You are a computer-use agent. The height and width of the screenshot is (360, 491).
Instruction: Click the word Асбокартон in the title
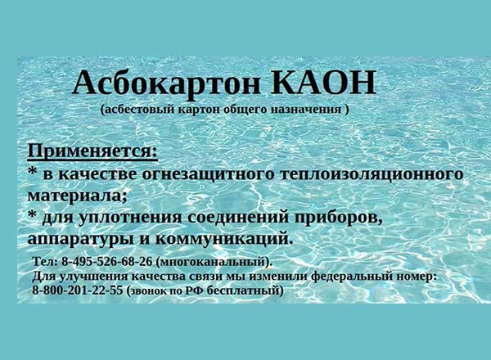coord(166,83)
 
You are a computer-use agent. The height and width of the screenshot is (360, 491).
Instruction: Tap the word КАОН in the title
coord(323,82)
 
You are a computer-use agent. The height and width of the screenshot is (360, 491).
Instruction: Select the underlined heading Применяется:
coord(92,152)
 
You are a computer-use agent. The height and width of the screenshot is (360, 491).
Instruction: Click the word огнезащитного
coord(208,174)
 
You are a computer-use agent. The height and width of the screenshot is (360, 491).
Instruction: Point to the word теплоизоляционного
coord(372,174)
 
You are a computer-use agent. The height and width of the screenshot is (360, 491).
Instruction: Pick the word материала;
coord(78,196)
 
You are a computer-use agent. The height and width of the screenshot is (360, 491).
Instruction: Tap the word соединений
coord(238,218)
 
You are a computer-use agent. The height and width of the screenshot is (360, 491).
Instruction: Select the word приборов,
coord(339,218)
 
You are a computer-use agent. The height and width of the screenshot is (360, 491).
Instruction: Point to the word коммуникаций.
coord(224,240)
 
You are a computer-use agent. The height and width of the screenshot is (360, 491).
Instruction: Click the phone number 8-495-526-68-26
coord(106,261)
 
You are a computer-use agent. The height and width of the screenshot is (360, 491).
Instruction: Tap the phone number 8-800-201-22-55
coord(78,290)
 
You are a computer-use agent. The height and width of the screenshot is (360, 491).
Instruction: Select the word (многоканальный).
coord(214,262)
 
